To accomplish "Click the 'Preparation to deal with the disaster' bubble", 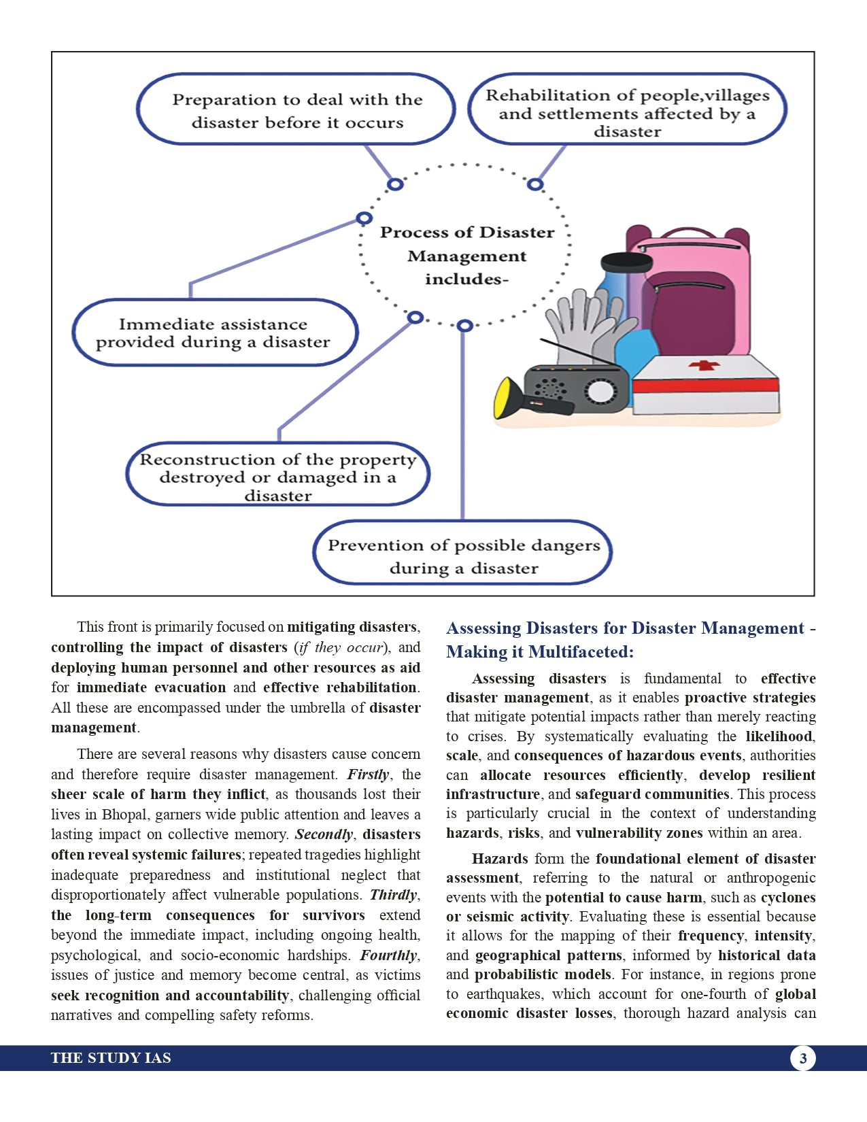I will (296, 110).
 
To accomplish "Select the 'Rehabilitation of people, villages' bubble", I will (627, 112).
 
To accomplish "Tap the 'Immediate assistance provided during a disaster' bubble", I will (214, 333).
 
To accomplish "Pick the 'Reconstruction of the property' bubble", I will (277, 476).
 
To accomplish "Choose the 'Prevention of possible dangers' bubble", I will (463, 556).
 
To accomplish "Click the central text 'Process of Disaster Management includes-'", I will (466, 256).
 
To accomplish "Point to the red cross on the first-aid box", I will (704, 366).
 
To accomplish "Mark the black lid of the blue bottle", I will (626, 261).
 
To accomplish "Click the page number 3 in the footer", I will (803, 1058).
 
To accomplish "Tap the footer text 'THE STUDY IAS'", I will (111, 1058).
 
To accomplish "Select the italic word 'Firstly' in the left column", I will (368, 775).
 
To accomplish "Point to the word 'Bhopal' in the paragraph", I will (122, 815).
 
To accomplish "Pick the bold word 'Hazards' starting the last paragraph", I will (500, 859).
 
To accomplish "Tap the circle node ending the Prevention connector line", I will (464, 326).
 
